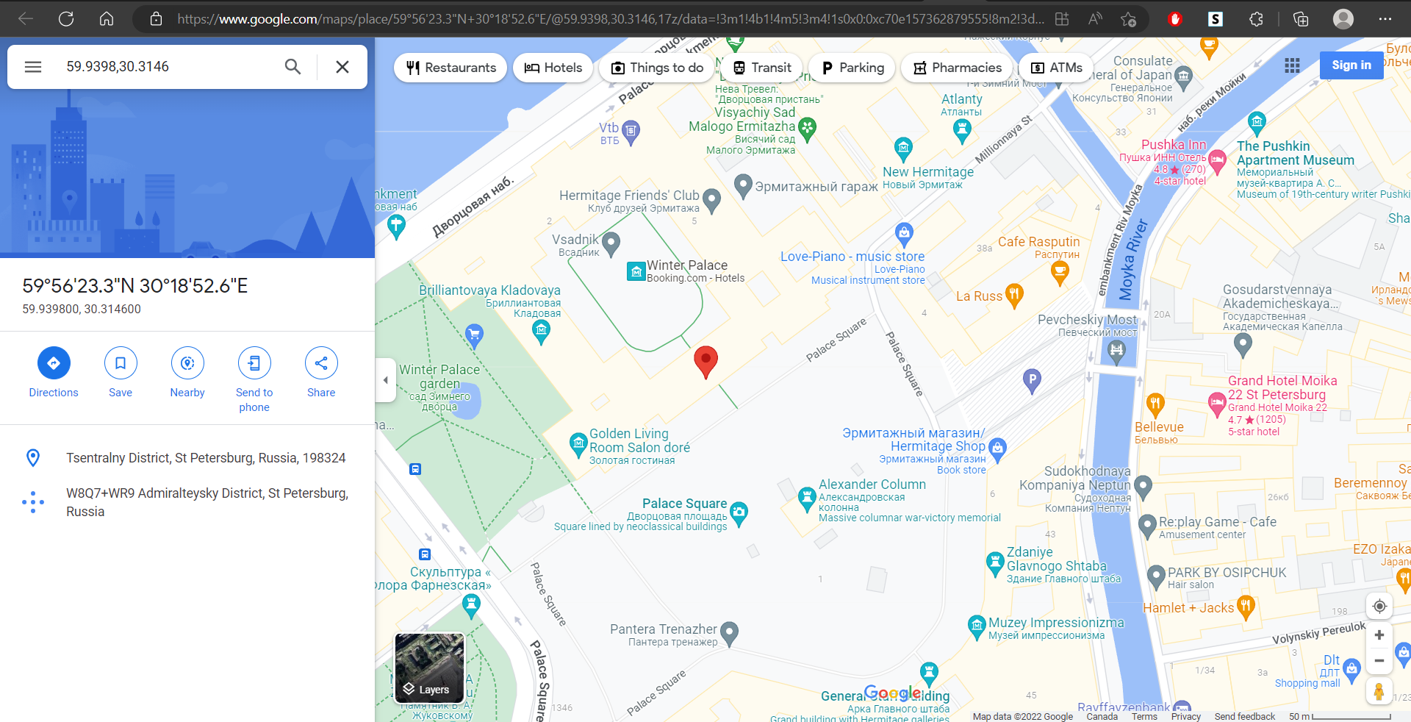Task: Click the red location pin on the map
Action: click(705, 360)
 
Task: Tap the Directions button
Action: click(54, 363)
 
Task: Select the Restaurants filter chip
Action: click(450, 68)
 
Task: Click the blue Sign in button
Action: click(1351, 65)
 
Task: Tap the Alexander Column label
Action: click(872, 485)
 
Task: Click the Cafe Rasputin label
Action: click(1038, 242)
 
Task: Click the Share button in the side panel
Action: click(321, 363)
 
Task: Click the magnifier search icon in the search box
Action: click(292, 67)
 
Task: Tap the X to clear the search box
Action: click(342, 67)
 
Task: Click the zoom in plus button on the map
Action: click(1379, 635)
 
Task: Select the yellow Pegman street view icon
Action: click(1379, 691)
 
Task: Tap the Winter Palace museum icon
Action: click(636, 271)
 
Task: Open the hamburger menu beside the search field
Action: click(33, 67)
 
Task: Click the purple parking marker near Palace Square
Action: click(1032, 380)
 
